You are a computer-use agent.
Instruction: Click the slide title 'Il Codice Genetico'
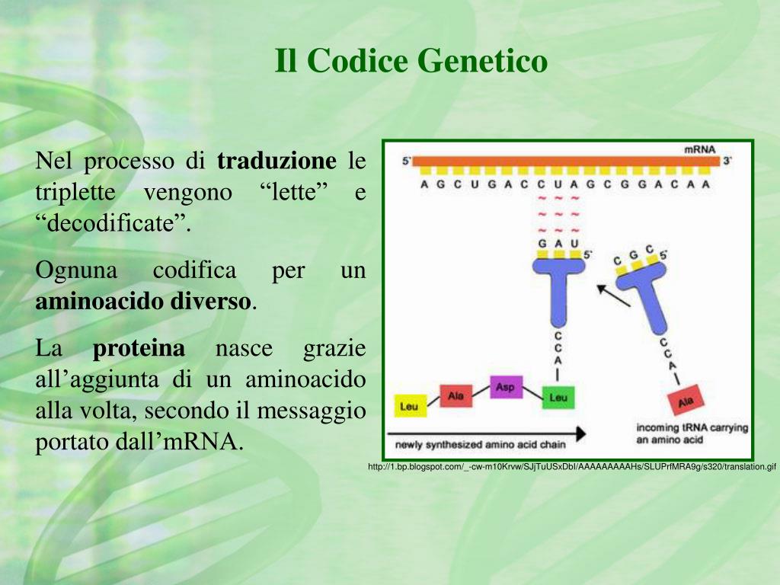pos(411,61)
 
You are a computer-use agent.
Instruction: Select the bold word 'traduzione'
pos(277,161)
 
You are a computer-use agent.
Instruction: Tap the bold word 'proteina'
pos(139,349)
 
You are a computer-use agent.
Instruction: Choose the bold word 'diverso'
pos(209,302)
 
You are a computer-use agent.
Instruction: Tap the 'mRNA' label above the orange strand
pos(699,150)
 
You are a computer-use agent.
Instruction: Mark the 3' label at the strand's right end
pos(728,161)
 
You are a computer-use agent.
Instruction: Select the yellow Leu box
pos(409,406)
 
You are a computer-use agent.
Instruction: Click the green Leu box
pos(558,398)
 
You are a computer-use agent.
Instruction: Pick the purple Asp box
pos(505,387)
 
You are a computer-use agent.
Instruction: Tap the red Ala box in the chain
pos(456,395)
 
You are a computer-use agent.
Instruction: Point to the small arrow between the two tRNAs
pos(613,296)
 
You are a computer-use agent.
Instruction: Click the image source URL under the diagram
pos(571,466)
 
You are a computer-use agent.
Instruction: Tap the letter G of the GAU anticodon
pos(542,244)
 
